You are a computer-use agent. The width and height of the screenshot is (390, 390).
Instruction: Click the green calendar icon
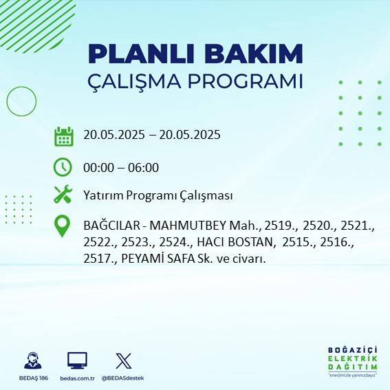63,136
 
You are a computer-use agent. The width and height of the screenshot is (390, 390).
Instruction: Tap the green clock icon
63,167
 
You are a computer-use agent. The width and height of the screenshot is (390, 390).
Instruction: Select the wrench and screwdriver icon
63,195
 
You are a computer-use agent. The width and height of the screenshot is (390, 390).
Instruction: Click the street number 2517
98,259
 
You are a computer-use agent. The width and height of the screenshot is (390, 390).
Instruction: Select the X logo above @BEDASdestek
124,360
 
